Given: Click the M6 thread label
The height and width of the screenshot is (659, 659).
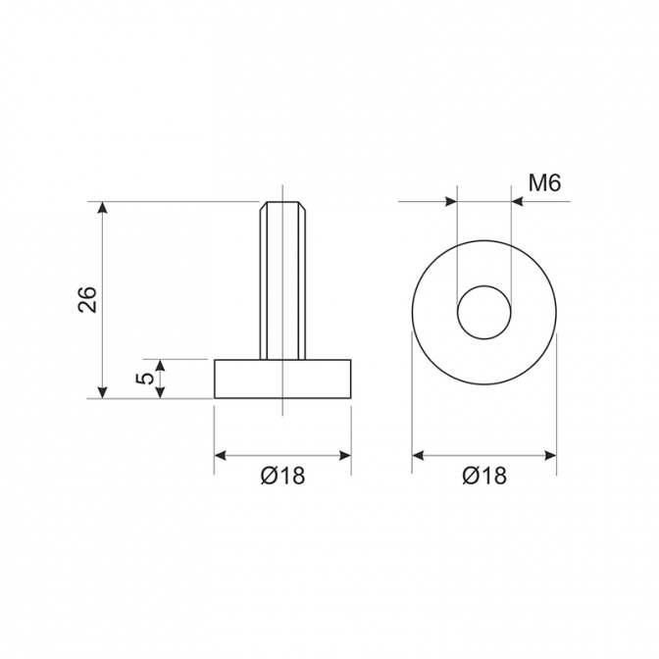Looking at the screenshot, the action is tap(544, 183).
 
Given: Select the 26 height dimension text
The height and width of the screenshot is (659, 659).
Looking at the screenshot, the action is tap(87, 299).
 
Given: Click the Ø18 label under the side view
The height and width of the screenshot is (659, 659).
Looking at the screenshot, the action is tap(282, 476).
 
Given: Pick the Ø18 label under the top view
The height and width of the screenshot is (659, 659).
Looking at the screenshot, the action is tap(484, 476).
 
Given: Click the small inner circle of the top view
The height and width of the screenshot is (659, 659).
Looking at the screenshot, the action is tap(484, 285).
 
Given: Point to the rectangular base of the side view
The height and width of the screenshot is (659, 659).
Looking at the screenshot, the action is tap(282, 379).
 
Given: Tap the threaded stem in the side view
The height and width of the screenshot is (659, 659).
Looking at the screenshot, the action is tap(282, 280).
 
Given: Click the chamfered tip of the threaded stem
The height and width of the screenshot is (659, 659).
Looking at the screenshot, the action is tap(282, 207).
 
